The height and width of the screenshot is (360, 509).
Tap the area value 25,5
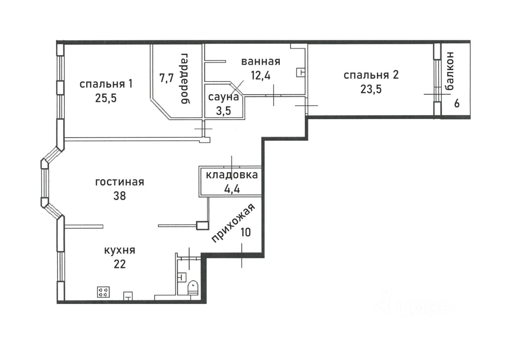(106, 98)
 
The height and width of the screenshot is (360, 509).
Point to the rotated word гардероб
(185, 79)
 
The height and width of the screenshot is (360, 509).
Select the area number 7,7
(167, 78)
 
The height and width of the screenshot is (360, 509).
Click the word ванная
(260, 62)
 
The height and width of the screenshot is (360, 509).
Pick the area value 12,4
(260, 75)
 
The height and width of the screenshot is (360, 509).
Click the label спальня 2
(371, 75)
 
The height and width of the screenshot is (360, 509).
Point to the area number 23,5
(371, 89)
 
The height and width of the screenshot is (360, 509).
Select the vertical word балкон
(449, 71)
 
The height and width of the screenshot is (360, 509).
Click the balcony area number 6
(457, 104)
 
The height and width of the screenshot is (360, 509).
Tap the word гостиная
(120, 182)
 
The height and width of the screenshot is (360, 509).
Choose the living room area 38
(120, 196)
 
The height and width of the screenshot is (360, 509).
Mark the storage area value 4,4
(232, 189)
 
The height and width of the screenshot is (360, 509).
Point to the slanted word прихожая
(233, 223)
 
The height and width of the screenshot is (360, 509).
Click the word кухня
(120, 251)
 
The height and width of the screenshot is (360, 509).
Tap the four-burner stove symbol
(103, 292)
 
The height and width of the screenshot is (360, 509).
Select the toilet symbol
(193, 288)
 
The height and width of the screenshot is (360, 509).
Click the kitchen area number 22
(120, 264)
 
